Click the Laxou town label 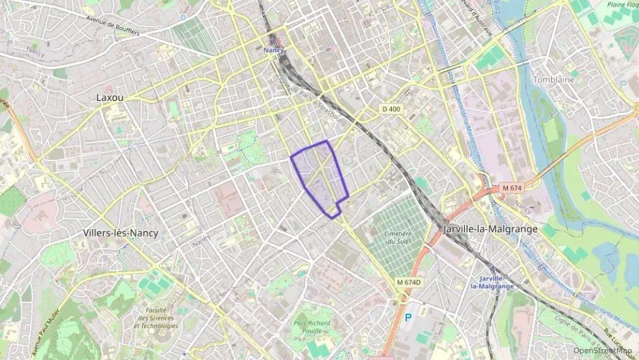(110, 98)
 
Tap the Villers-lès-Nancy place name (120, 233)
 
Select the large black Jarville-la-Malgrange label (490, 229)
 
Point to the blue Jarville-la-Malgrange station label (496, 282)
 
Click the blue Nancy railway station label (274, 50)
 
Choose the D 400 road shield (392, 109)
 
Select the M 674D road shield (410, 282)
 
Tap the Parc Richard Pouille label (311, 327)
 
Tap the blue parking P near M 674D (409, 318)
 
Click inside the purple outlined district (319, 174)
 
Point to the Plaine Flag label (621, 6)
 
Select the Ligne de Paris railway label (577, 328)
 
